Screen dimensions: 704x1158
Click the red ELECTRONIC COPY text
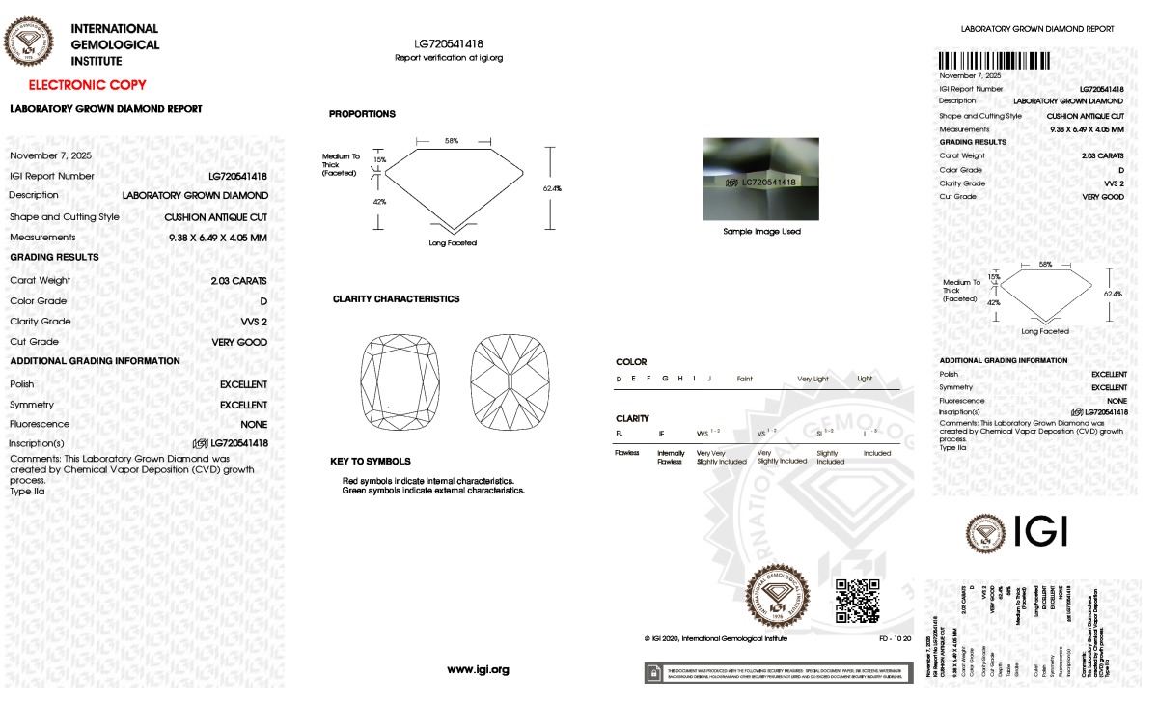tap(87, 85)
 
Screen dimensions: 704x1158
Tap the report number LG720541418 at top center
tap(449, 44)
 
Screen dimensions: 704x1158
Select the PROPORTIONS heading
tap(362, 114)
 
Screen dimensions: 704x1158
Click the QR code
tap(856, 600)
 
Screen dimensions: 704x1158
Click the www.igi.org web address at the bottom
tap(478, 669)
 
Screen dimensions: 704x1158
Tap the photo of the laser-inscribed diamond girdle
tap(761, 179)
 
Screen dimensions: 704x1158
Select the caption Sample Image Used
tap(761, 232)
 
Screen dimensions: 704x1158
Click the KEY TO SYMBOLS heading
tap(370, 462)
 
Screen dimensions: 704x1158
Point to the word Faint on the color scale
tap(744, 379)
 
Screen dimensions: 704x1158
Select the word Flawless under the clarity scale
tap(628, 453)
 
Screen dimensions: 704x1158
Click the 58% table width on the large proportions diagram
tap(451, 141)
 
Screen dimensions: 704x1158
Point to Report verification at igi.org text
tap(449, 58)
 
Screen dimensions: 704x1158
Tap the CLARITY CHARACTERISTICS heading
tap(396, 299)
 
